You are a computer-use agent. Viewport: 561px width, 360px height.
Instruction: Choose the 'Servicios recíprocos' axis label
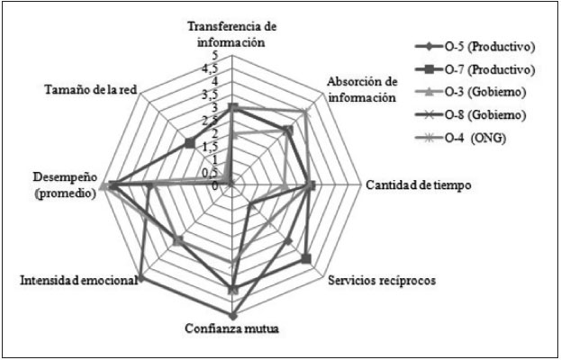coord(380,281)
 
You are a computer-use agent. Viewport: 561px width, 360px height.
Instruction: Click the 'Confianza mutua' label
coord(232,328)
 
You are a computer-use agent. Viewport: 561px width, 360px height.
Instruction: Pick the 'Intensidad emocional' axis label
coord(78,281)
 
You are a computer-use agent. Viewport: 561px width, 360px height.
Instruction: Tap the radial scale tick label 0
coord(214,184)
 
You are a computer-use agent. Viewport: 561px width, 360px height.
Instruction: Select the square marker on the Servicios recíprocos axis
coord(307,259)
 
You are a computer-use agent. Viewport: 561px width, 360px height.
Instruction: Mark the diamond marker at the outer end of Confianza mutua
coord(232,316)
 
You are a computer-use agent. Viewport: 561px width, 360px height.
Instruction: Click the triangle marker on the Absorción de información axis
coord(307,112)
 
